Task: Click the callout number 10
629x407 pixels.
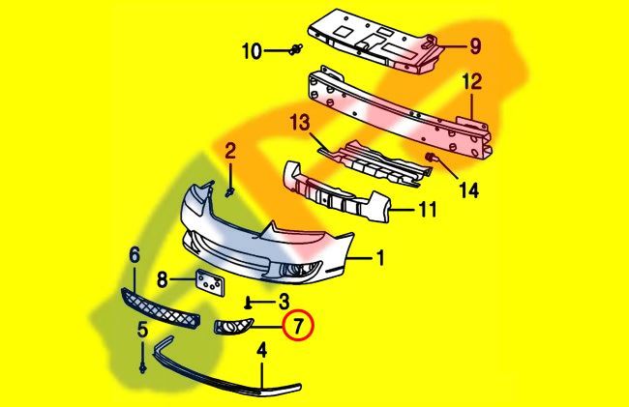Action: [252, 51]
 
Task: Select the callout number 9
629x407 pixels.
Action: [475, 45]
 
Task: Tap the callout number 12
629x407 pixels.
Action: [472, 82]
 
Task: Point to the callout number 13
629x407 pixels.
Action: [300, 122]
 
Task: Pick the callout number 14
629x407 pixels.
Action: [469, 189]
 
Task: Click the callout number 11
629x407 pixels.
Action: [428, 209]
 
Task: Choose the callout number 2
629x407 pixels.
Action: [230, 152]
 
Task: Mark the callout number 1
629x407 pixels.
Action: [380, 258]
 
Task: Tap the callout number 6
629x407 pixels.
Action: [135, 254]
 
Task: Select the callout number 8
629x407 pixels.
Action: [162, 279]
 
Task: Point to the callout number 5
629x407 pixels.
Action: [143, 330]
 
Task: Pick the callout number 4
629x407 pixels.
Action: [261, 350]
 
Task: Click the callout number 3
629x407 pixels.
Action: [284, 302]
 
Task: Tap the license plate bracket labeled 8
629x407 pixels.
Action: [210, 282]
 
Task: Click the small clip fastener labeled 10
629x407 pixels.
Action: [296, 49]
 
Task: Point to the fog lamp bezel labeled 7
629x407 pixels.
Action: [233, 326]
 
